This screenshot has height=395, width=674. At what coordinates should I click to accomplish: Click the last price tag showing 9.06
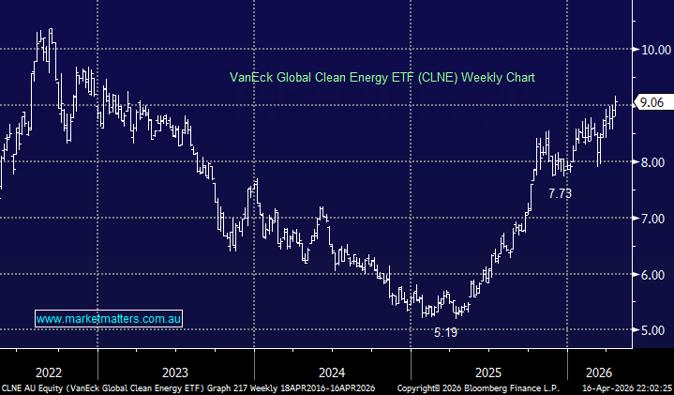point(652,103)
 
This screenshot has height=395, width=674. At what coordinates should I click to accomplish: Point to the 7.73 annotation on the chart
point(560,193)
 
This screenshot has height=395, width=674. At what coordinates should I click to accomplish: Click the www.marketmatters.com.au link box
point(109,319)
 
